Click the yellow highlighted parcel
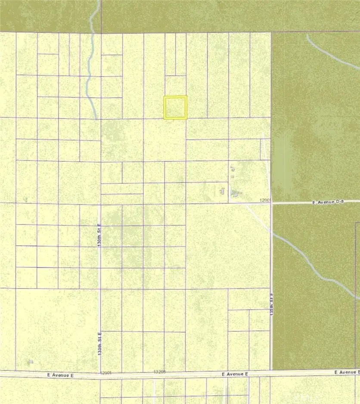pos(175,107)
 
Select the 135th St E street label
pos(272,305)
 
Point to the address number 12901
pos(106,373)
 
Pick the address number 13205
pos(159,371)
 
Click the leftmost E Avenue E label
pos(61,375)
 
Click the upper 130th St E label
pos(99,235)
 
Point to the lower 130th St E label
pos(99,343)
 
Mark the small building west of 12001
pos(223,190)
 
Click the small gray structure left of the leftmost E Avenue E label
pos(30,361)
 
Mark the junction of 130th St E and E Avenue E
pos(100,374)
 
